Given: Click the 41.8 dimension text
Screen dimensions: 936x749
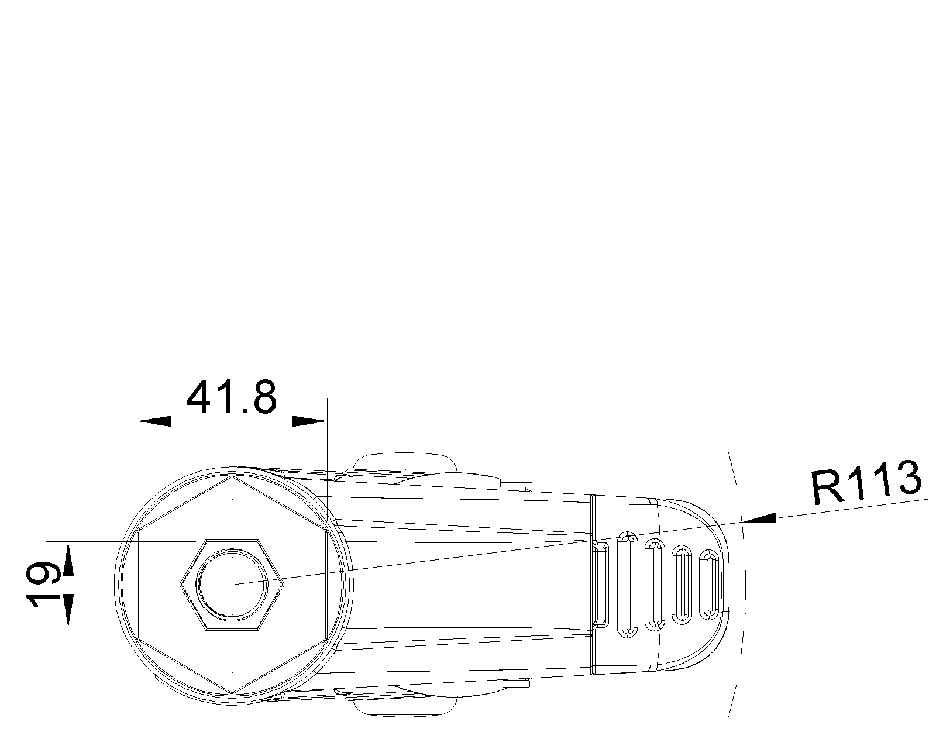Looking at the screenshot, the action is pyautogui.click(x=231, y=397).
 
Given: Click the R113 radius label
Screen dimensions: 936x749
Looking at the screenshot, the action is pyautogui.click(x=866, y=482).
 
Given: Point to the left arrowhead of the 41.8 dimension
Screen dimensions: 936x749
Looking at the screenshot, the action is pyautogui.click(x=154, y=421).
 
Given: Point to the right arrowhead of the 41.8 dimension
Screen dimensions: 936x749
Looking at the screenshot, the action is pyautogui.click(x=309, y=421).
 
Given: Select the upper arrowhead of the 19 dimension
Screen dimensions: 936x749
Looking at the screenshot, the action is pyautogui.click(x=68, y=558).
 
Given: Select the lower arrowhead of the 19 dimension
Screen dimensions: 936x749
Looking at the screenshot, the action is pyautogui.click(x=68, y=610).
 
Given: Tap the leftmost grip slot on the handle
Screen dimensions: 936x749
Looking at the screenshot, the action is pyautogui.click(x=628, y=585).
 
